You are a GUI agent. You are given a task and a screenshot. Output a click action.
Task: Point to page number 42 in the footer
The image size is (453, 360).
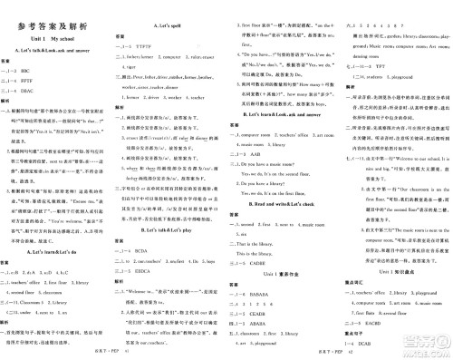(285, 354)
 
